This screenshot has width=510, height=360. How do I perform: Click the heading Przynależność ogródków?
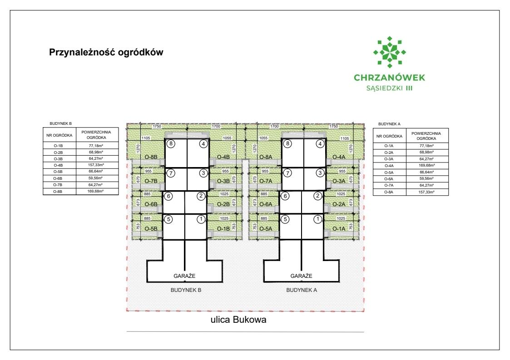(106, 52)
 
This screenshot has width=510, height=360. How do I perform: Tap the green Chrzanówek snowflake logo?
(389, 52)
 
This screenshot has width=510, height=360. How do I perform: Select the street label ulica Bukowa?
(238, 320)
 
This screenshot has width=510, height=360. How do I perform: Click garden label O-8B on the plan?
(151, 157)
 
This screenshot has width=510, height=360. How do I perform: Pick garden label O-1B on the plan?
(223, 229)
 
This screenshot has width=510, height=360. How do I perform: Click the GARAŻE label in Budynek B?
(184, 276)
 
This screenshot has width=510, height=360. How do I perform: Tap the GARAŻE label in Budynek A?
(302, 276)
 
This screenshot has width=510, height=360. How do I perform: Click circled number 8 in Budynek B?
(171, 144)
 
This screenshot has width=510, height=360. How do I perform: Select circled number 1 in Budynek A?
(318, 219)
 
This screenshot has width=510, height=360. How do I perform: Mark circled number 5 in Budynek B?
(168, 219)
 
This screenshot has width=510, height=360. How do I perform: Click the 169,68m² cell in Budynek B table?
(96, 192)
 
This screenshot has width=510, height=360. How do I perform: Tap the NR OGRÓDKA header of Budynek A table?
(388, 136)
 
